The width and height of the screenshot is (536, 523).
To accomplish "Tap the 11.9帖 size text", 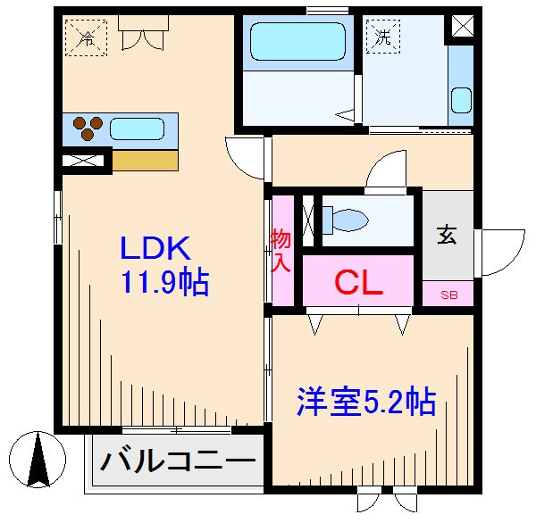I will pyautogui.click(x=165, y=283).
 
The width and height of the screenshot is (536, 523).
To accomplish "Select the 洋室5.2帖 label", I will pyautogui.click(x=365, y=402).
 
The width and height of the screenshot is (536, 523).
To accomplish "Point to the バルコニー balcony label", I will pyautogui.click(x=177, y=461).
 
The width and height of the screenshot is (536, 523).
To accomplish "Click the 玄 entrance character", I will pyautogui.click(x=447, y=236).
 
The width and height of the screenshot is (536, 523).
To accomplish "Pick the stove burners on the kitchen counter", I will pyautogui.click(x=85, y=127).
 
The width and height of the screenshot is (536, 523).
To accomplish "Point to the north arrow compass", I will pyautogui.click(x=38, y=458).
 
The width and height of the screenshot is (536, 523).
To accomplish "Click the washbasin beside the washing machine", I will pyautogui.click(x=460, y=98).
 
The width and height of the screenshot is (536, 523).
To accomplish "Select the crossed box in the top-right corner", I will pyautogui.click(x=464, y=26).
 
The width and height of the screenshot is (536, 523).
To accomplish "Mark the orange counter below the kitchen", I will pyautogui.click(x=145, y=161).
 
